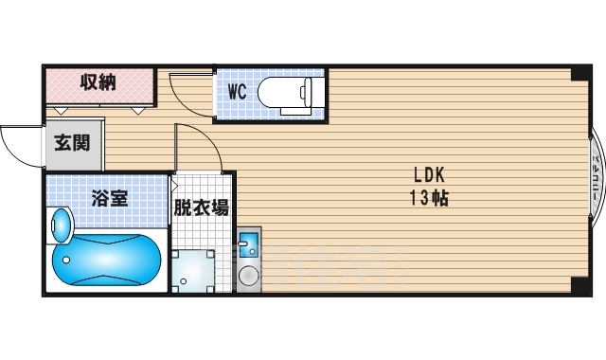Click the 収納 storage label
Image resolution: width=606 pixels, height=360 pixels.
[98, 82]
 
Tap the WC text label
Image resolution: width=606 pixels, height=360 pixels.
[238, 93]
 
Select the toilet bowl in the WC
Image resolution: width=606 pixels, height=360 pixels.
[280, 92]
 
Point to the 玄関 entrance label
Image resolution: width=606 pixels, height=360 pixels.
[71, 144]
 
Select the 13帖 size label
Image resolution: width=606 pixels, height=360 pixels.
[428, 198]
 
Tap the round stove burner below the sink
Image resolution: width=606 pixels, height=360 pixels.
[249, 277]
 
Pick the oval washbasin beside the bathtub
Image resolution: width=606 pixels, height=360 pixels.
[61, 227]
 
